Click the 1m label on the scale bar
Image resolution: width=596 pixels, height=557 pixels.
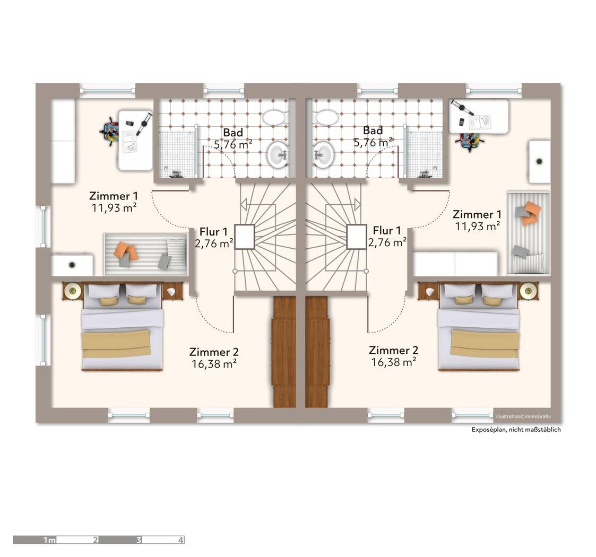click(49, 540)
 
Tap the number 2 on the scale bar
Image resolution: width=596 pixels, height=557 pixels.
click(96, 540)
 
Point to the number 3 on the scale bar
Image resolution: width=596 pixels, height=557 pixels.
click(139, 540)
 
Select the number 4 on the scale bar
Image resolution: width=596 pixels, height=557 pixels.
click(180, 540)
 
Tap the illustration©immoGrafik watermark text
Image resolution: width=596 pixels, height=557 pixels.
click(523, 416)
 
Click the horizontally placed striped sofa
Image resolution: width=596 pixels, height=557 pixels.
click(145, 254)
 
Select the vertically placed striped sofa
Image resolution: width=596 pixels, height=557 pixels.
click(528, 232)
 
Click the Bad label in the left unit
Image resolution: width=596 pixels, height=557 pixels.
click(232, 133)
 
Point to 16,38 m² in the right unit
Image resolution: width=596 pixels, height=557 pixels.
click(393, 362)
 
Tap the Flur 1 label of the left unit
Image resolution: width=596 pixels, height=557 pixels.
click(213, 232)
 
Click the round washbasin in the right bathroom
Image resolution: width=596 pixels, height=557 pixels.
click(323, 154)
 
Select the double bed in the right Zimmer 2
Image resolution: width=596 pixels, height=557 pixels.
click(478, 327)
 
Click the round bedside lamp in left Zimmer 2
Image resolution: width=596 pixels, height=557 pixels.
click(73, 290)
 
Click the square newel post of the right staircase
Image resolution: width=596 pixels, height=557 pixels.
click(356, 237)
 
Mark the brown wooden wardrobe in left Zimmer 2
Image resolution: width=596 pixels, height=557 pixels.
click(283, 352)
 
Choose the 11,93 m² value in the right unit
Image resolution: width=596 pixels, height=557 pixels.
click(477, 227)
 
